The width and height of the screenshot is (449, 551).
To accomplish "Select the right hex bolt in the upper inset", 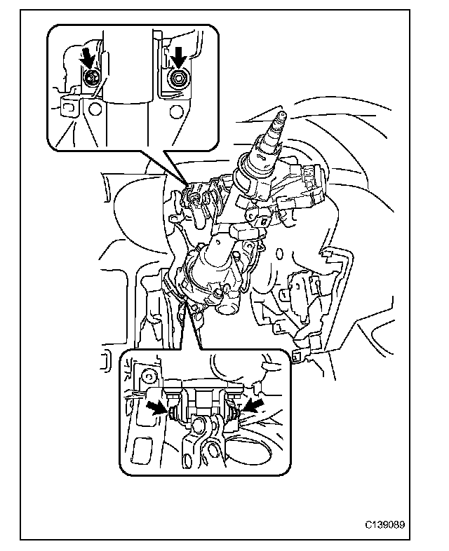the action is [x=177, y=80].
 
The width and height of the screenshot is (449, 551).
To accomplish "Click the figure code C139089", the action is [x=384, y=524].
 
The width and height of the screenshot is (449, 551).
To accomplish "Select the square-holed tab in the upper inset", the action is [x=69, y=107].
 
